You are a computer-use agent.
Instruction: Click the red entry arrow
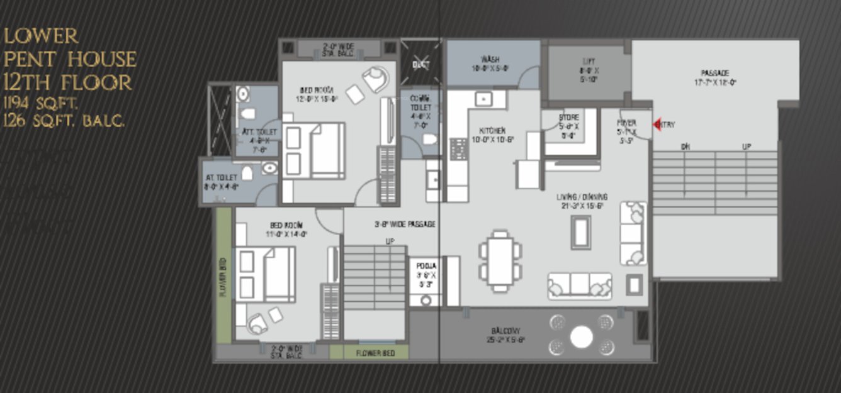click(x=657, y=125)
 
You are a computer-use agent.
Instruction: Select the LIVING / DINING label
click(x=582, y=197)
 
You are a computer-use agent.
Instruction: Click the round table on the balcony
click(x=581, y=337)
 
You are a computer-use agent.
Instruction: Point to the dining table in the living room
click(x=500, y=261)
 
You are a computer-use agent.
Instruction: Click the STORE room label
click(x=569, y=118)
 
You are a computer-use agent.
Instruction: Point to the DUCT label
click(x=420, y=64)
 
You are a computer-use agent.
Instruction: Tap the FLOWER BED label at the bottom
click(x=375, y=353)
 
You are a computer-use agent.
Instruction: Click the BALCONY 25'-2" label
click(x=507, y=331)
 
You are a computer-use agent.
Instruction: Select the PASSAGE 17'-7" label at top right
click(x=714, y=74)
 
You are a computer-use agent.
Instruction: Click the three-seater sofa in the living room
click(x=579, y=286)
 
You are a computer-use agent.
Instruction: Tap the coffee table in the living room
click(x=580, y=233)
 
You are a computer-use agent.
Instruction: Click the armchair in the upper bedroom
click(x=376, y=80)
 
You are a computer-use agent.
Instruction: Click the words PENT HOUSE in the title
click(x=70, y=59)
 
